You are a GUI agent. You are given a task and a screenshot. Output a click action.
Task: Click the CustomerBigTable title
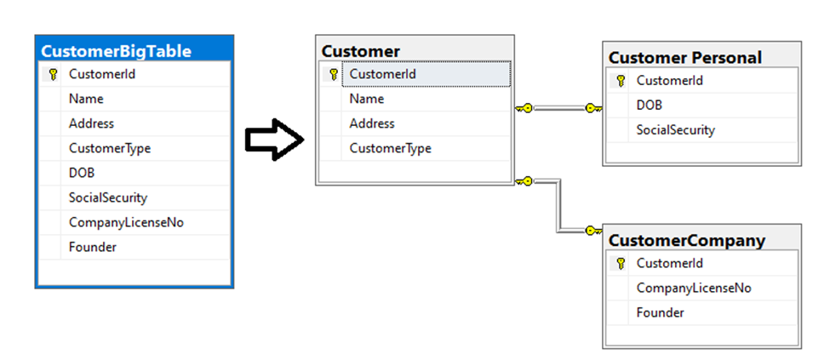[116, 51]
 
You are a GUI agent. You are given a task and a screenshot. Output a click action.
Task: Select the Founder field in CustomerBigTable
[93, 247]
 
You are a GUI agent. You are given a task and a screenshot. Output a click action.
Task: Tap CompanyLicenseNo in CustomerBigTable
[127, 222]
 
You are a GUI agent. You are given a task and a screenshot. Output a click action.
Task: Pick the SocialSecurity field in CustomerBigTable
[108, 197]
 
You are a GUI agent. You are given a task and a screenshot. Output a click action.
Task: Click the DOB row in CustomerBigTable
[82, 173]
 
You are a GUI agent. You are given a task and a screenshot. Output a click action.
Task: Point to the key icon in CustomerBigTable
[53, 74]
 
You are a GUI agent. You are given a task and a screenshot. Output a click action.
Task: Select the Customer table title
[361, 51]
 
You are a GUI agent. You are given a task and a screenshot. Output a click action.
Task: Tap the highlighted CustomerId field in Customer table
[382, 74]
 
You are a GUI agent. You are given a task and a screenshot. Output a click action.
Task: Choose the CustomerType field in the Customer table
[390, 148]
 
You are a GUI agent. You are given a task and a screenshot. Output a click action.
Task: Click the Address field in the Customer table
[372, 123]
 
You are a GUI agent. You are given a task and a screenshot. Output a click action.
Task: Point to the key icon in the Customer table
[334, 74]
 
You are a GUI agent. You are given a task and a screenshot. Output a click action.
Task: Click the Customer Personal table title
[685, 58]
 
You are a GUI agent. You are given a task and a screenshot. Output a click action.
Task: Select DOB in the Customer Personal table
[650, 106]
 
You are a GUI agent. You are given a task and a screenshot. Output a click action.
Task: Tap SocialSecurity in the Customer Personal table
[676, 130]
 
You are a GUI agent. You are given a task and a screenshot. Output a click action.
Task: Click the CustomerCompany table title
[687, 241]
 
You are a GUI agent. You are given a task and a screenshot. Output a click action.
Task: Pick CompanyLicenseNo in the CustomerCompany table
[694, 288]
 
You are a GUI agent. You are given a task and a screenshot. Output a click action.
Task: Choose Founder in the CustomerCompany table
[660, 312]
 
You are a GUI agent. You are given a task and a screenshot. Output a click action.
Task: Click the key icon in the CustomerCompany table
[621, 264]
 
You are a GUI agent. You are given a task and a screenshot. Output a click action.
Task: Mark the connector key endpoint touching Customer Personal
[593, 108]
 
